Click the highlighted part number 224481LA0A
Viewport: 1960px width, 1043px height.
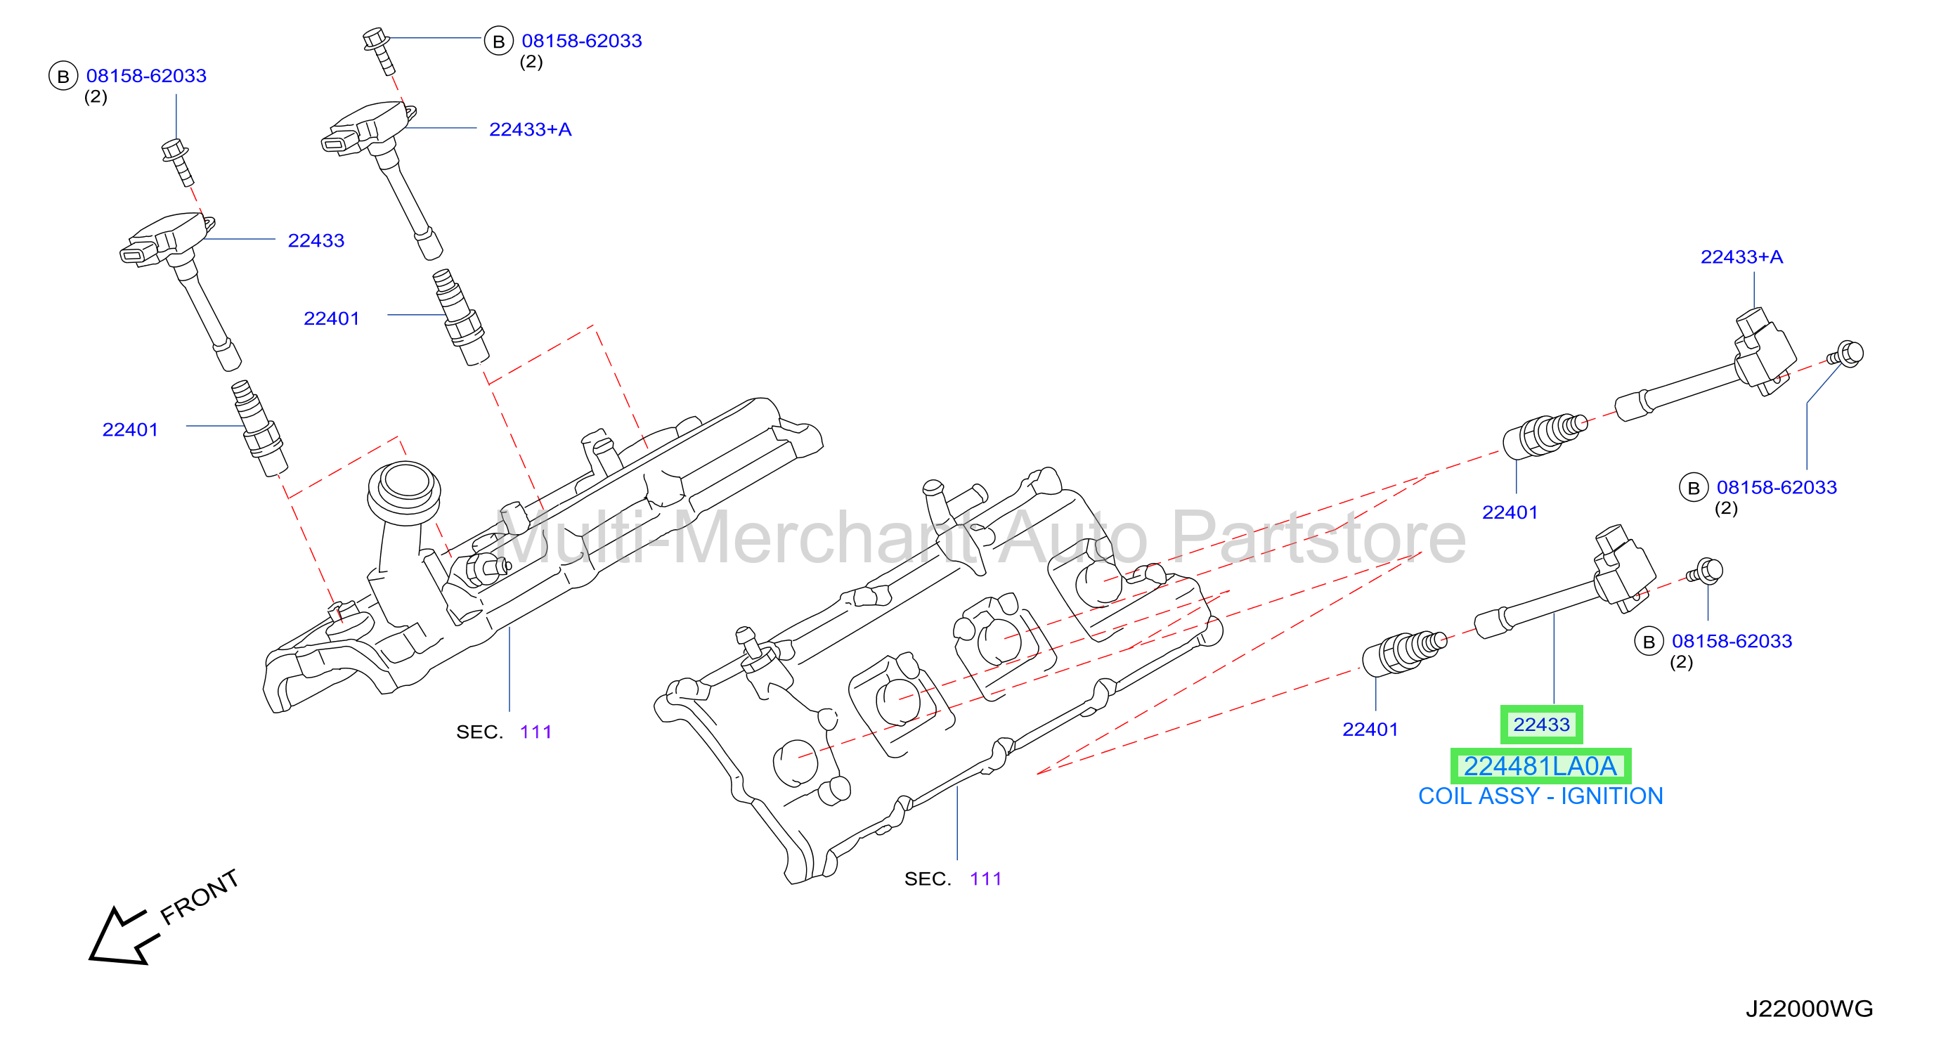click(x=1540, y=766)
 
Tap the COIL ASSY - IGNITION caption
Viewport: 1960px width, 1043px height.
click(x=1540, y=796)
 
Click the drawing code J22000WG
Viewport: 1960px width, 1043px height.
click(x=1810, y=1009)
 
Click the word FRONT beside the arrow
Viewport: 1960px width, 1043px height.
click(x=200, y=897)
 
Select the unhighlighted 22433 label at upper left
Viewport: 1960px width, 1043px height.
click(x=316, y=240)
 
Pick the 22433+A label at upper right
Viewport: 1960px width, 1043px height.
click(x=1741, y=257)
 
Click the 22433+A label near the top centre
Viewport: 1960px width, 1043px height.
click(x=531, y=129)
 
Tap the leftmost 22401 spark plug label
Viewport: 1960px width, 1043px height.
click(x=130, y=430)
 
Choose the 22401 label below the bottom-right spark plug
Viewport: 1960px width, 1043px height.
click(x=1370, y=730)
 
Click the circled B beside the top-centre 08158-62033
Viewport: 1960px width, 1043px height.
click(x=498, y=41)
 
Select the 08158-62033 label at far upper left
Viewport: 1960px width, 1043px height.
click(x=146, y=76)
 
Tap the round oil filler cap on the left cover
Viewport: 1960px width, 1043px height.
click(x=404, y=491)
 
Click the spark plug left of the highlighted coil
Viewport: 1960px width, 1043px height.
click(x=1405, y=653)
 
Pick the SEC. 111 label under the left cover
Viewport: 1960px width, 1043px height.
click(x=504, y=732)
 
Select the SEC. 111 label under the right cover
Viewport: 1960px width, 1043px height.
click(x=953, y=879)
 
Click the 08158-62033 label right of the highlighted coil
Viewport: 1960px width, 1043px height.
click(x=1732, y=641)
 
